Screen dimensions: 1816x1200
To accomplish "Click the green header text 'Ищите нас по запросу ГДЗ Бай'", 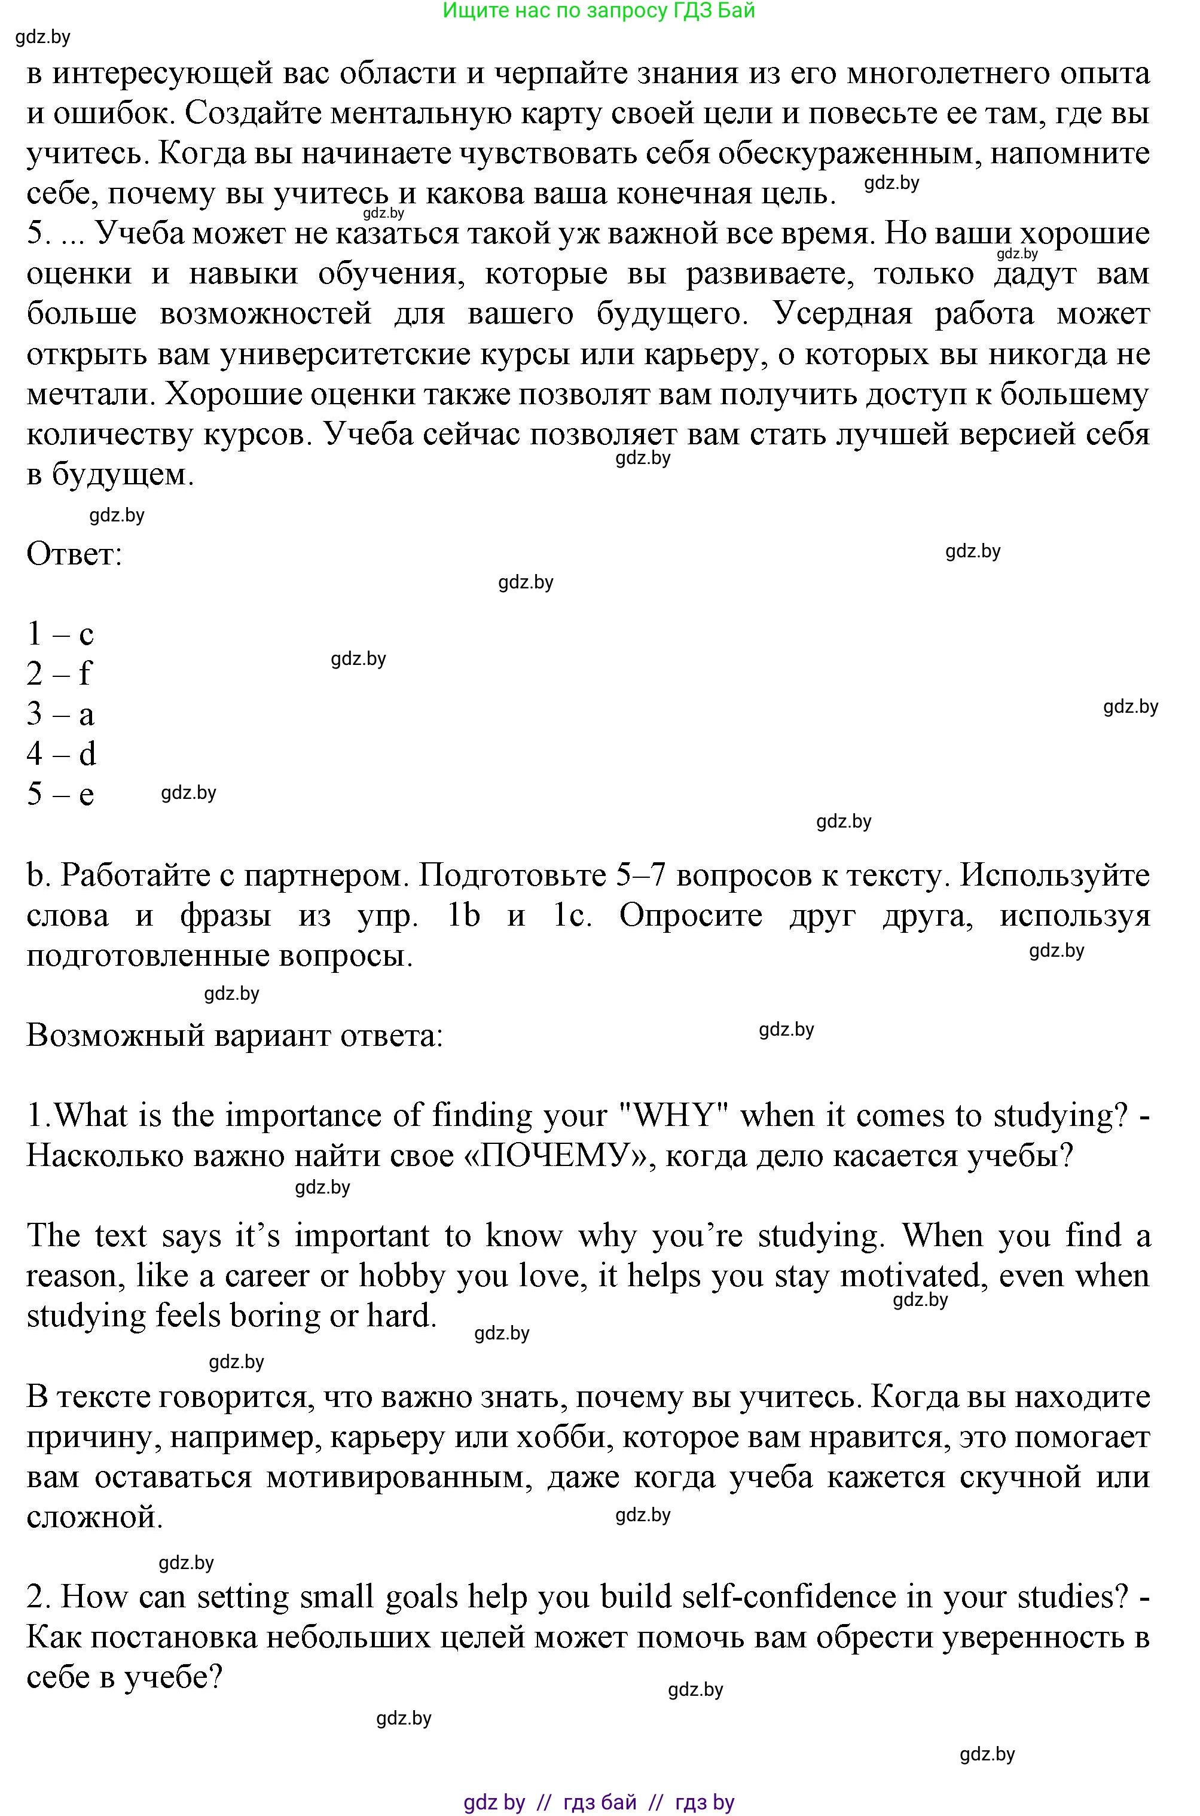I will tap(599, 11).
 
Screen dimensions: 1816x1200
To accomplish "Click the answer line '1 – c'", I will tap(60, 634).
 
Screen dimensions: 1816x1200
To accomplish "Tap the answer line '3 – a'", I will tap(60, 714).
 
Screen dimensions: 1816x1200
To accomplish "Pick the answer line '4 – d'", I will tap(60, 754).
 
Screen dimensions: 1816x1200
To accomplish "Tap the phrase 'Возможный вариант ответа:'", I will tap(234, 1036).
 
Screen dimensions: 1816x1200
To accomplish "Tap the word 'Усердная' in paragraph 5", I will tap(842, 314).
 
